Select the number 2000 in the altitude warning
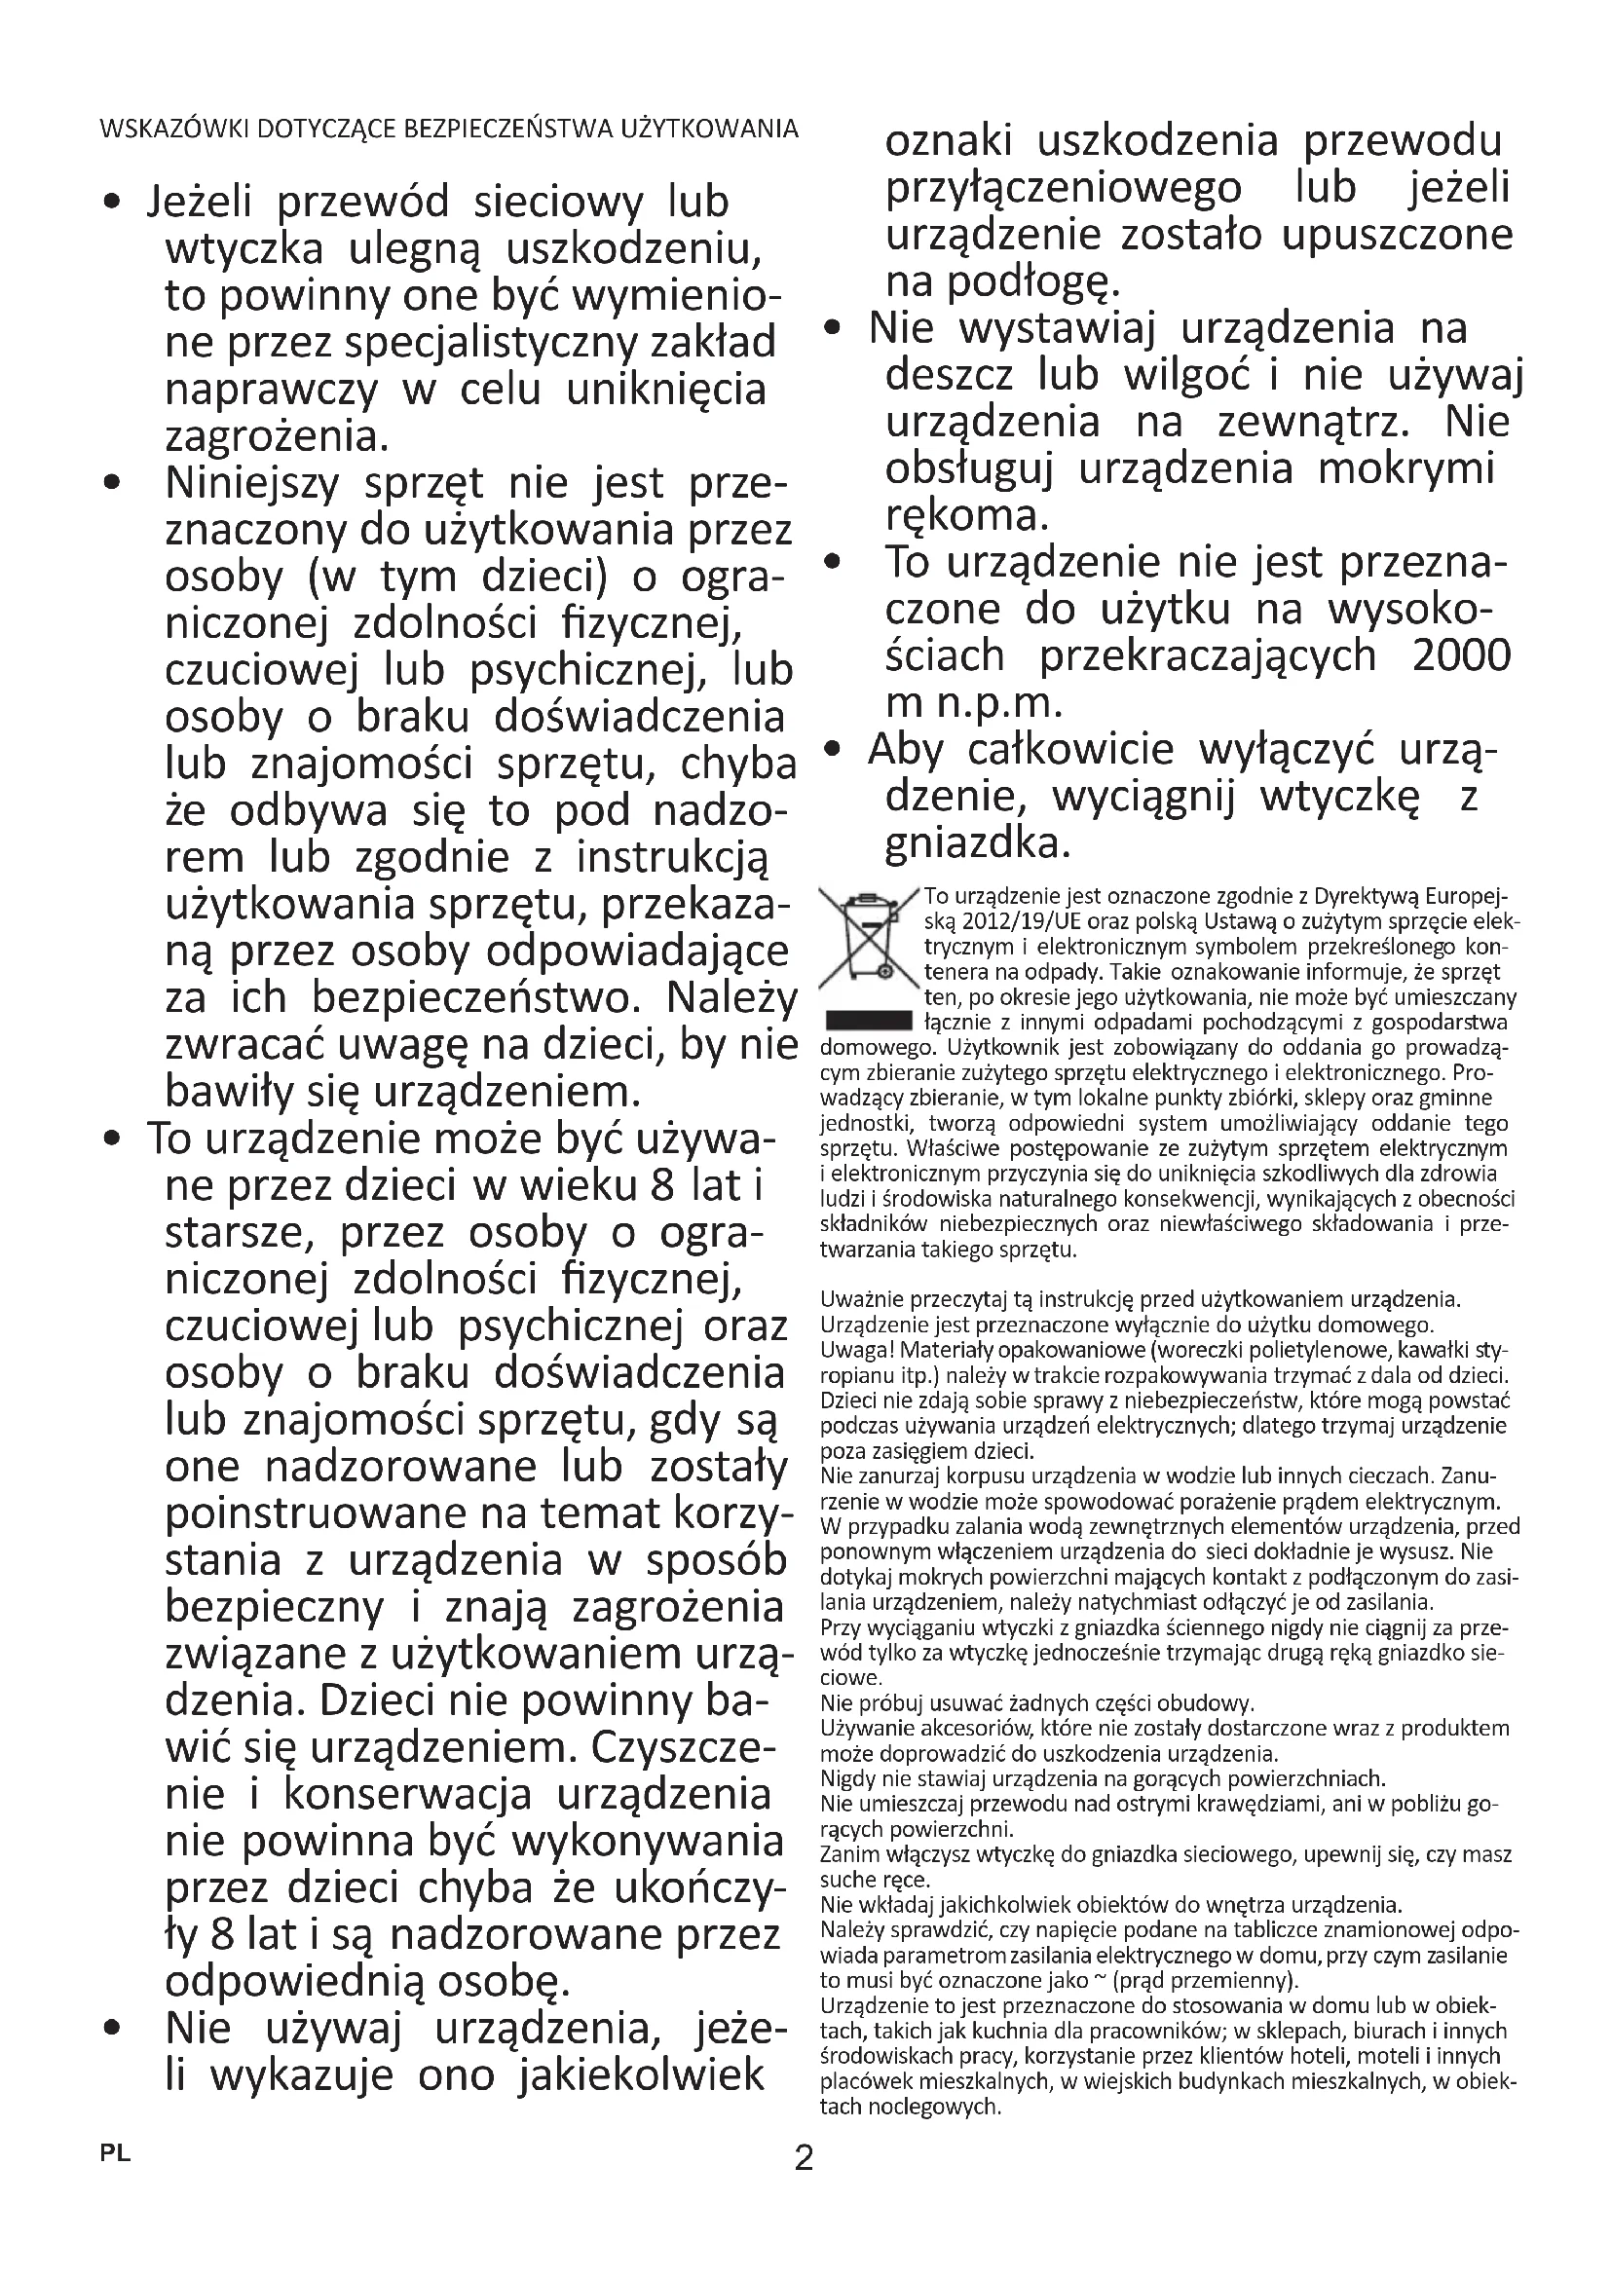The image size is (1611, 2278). (x=1461, y=655)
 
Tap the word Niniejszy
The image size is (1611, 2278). (x=252, y=484)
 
